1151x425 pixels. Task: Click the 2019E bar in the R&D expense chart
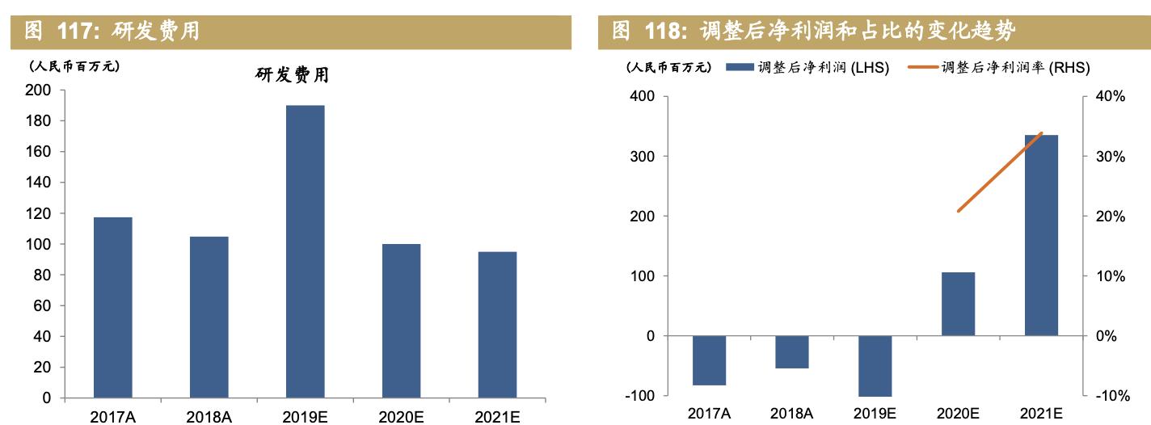[305, 251]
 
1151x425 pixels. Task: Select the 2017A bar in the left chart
[112, 307]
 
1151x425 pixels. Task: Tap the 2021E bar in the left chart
[496, 325]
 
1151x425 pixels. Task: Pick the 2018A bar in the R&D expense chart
[209, 317]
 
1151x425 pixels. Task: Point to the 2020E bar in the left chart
[401, 321]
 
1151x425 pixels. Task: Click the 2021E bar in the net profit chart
[1041, 235]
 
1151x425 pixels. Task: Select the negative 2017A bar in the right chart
[710, 360]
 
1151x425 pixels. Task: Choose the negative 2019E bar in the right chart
[875, 365]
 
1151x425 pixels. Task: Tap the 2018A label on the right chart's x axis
[792, 414]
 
